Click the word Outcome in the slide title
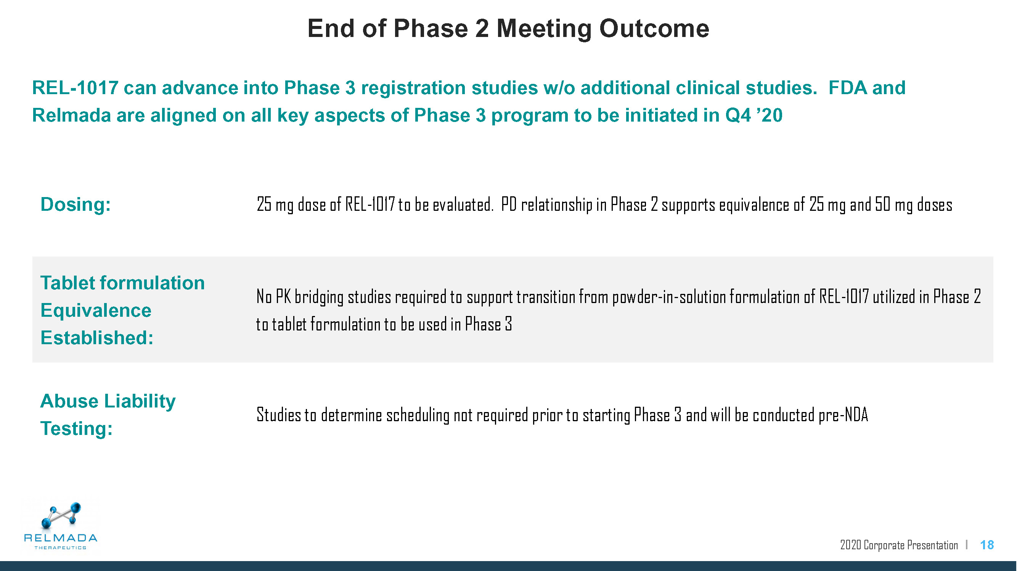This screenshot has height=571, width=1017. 654,29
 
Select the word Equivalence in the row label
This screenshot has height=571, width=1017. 96,311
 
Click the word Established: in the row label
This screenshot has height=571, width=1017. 97,338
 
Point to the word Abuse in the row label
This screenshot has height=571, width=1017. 69,401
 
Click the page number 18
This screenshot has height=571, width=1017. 987,545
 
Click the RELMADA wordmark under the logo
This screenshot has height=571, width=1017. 60,538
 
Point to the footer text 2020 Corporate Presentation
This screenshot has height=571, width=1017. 899,545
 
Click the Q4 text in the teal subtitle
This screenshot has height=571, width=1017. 737,115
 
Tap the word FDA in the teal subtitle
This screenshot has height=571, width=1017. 847,88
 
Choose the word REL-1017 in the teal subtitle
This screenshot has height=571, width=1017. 75,88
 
